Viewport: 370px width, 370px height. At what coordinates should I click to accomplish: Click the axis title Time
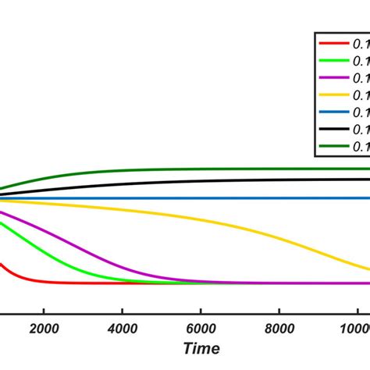(201, 348)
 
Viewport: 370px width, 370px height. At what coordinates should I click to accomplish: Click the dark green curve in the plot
(195, 169)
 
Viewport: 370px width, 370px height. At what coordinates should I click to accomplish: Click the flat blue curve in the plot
(195, 198)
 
